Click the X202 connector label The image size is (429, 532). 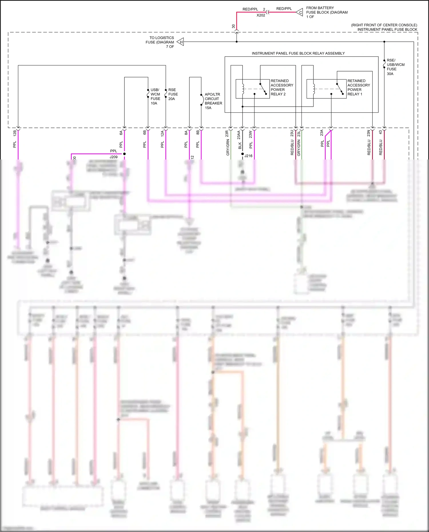[x=261, y=15]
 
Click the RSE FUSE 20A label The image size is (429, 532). [x=173, y=94]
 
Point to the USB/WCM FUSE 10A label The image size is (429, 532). [x=155, y=97]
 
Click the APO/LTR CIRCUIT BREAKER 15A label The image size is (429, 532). [x=213, y=101]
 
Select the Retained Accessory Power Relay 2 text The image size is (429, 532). [x=282, y=87]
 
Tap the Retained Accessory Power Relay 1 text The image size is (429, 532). [x=358, y=87]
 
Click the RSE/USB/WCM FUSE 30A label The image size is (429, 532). [x=395, y=67]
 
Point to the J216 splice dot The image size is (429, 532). [x=243, y=154]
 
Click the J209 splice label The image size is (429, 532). [x=114, y=157]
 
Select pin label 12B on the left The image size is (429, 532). [x=15, y=133]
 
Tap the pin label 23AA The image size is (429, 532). [x=239, y=135]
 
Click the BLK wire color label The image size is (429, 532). [x=240, y=146]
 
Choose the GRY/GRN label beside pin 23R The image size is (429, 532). [x=228, y=148]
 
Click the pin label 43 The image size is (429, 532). [x=380, y=132]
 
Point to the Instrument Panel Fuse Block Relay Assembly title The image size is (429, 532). [x=298, y=53]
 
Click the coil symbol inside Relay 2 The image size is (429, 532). [x=243, y=89]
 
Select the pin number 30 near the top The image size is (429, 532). [x=233, y=26]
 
